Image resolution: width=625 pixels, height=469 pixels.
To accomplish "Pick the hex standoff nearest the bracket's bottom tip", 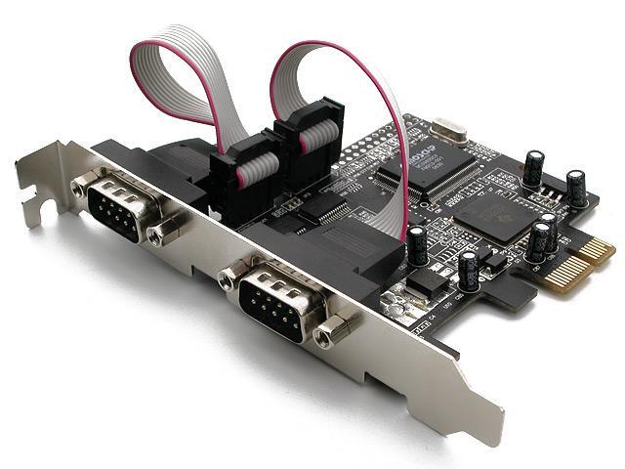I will point(334,331).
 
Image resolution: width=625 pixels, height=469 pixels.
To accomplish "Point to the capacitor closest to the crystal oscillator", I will point(533,167).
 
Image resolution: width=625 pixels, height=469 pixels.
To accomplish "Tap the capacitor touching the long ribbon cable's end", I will point(417,244).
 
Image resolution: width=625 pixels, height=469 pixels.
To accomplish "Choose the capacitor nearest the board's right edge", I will point(577,188).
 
